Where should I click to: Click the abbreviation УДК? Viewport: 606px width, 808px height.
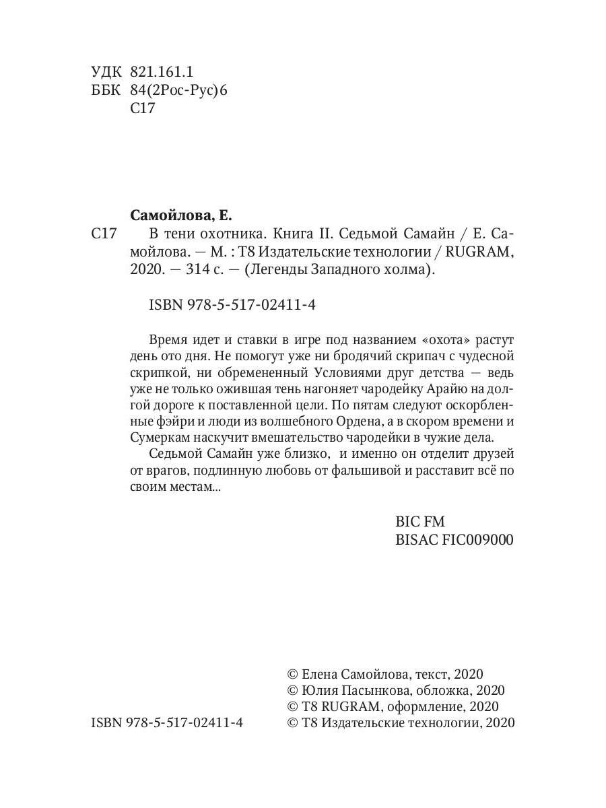point(106,71)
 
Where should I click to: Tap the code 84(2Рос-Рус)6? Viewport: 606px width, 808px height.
point(178,90)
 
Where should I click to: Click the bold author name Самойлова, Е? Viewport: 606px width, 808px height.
point(180,216)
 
